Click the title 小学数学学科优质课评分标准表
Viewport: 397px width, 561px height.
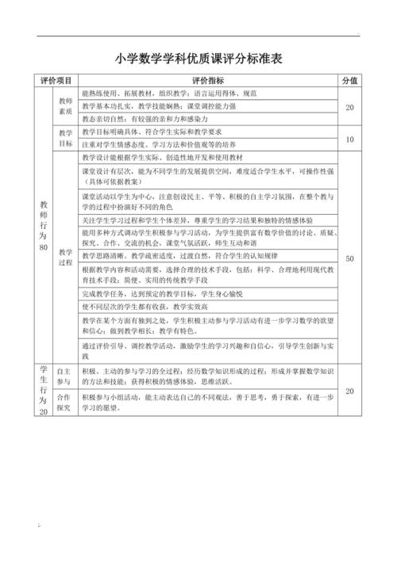(x=198, y=58)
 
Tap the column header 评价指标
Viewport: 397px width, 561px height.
(x=208, y=81)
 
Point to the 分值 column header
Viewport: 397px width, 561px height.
(x=349, y=81)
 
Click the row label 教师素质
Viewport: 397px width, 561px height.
(x=66, y=107)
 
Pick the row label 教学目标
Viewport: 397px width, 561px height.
(x=66, y=139)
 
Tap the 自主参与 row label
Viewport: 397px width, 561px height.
(x=66, y=376)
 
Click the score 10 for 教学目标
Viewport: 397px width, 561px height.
(x=349, y=139)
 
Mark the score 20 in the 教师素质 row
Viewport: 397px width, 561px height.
(x=349, y=107)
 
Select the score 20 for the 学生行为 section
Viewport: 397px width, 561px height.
(x=349, y=391)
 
